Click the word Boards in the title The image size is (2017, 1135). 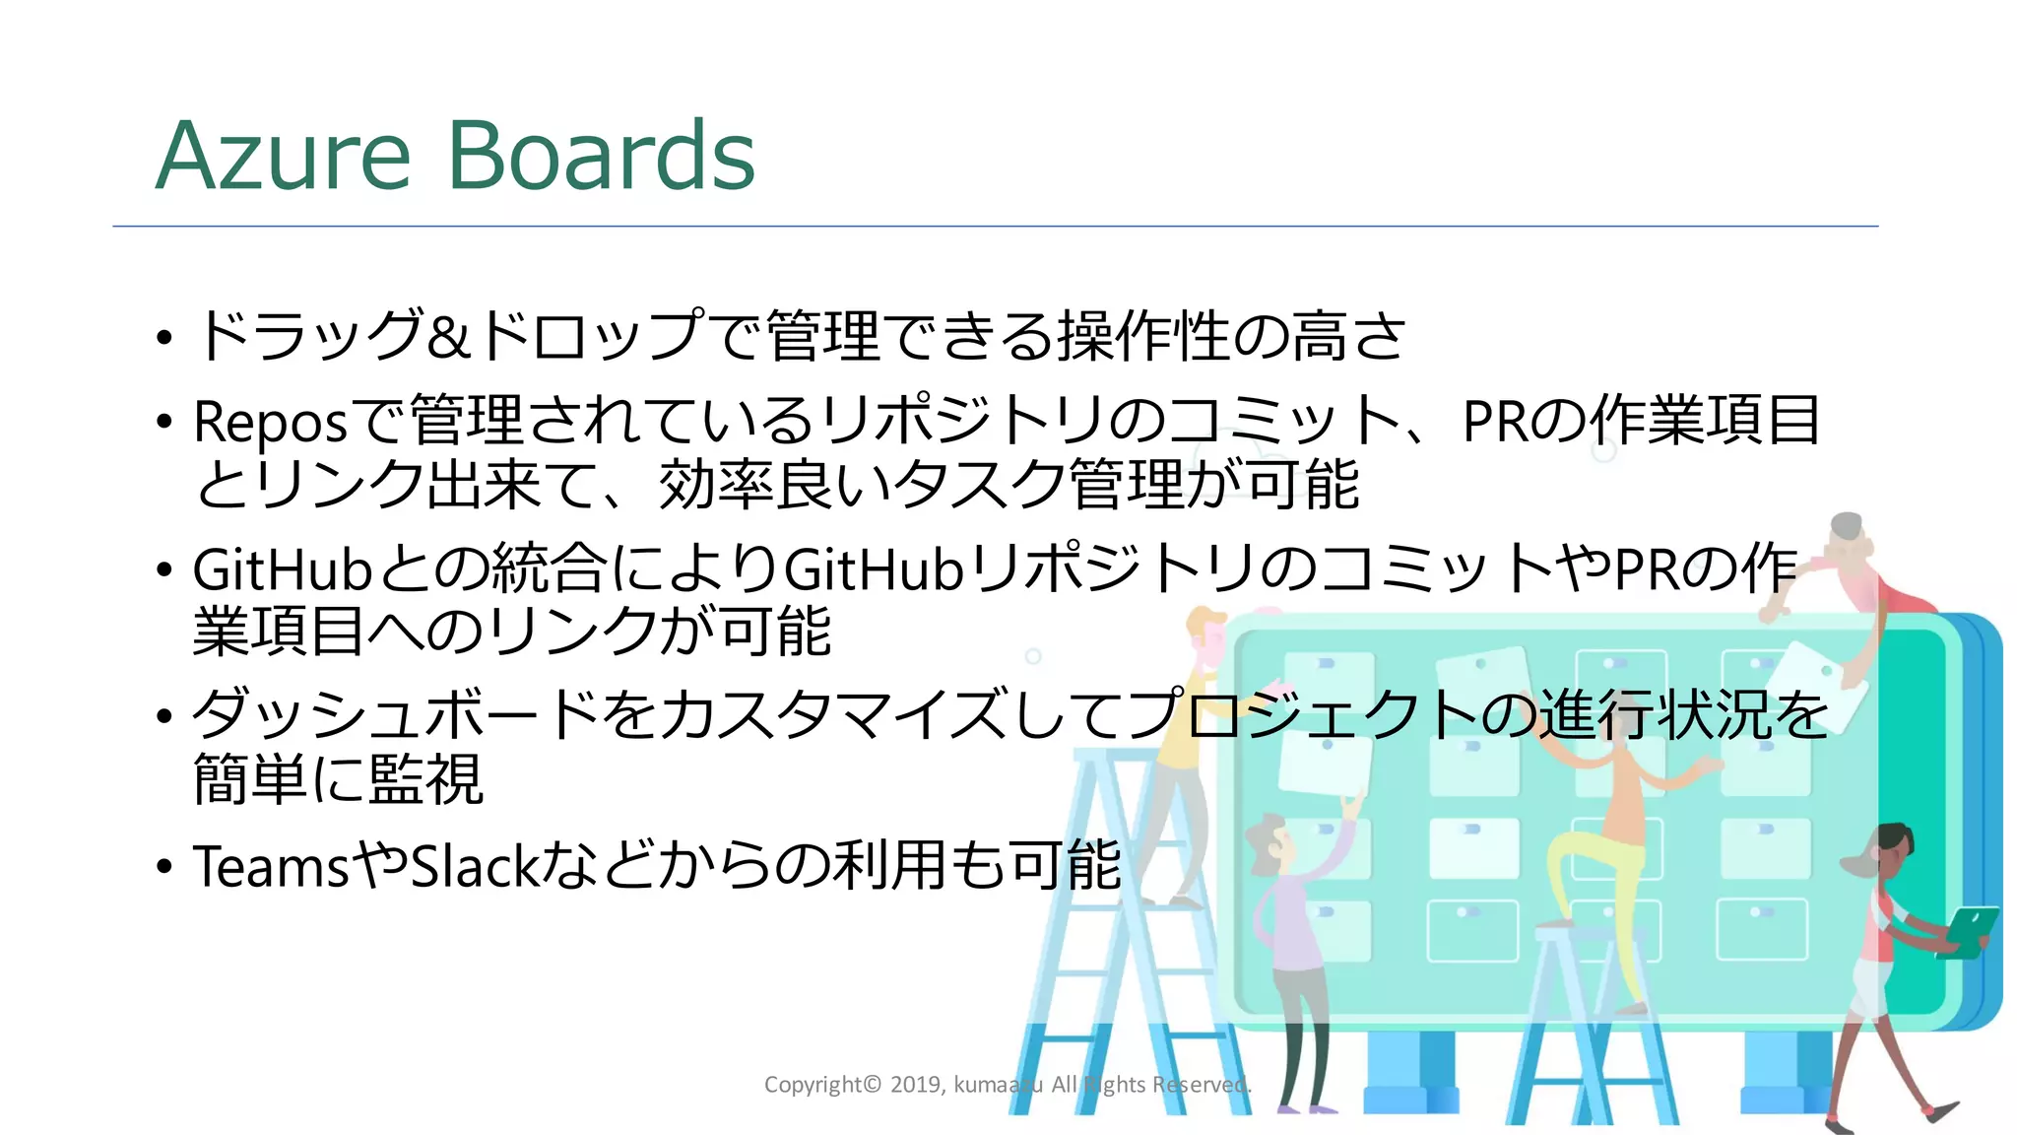coord(602,156)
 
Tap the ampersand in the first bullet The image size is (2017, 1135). coord(449,336)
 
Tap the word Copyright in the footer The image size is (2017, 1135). coord(813,1085)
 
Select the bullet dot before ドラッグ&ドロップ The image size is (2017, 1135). coord(164,338)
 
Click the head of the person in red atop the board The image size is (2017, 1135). coord(1848,537)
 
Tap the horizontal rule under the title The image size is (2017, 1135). coord(995,227)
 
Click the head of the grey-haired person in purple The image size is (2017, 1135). coord(1270,837)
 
